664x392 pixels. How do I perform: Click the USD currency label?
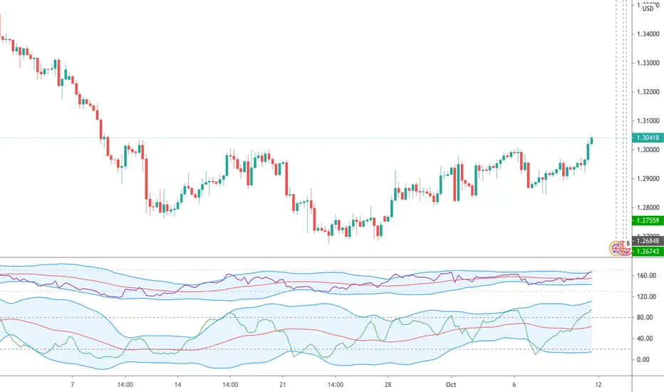(648, 9)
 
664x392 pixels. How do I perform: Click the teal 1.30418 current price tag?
(648, 138)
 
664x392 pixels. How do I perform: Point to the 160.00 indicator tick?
(645, 275)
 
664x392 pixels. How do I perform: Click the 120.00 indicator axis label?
(645, 296)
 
